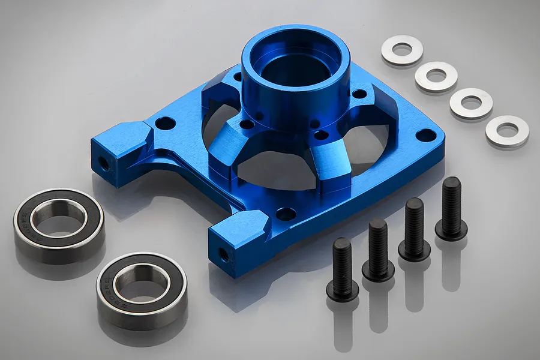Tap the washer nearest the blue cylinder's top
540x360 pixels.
pos(402,50)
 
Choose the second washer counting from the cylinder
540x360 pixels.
pos(436,76)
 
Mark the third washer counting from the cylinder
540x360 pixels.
pos(471,103)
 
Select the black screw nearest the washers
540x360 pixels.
pos(451,207)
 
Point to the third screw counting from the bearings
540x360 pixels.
pos(414,227)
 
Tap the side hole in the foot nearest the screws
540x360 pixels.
pos(224,254)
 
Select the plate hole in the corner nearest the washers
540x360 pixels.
pos(426,135)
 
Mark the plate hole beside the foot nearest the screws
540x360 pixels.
pos(286,214)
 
